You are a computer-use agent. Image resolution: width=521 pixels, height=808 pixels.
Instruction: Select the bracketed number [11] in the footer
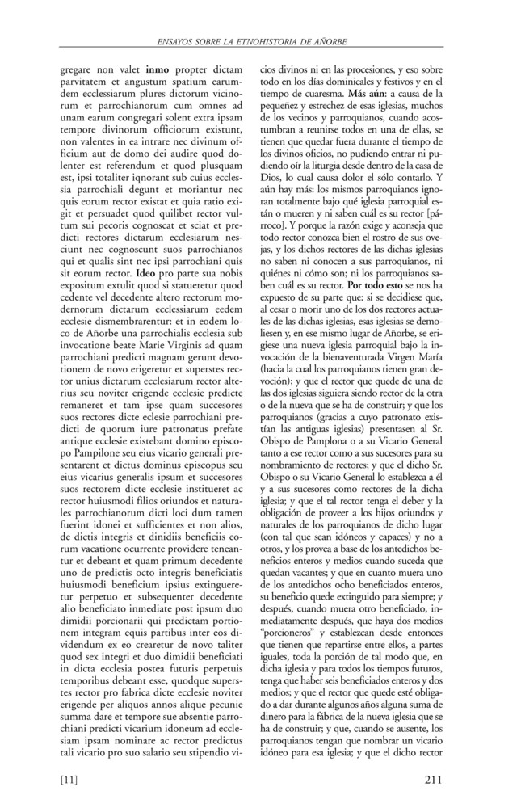(x=70, y=779)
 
